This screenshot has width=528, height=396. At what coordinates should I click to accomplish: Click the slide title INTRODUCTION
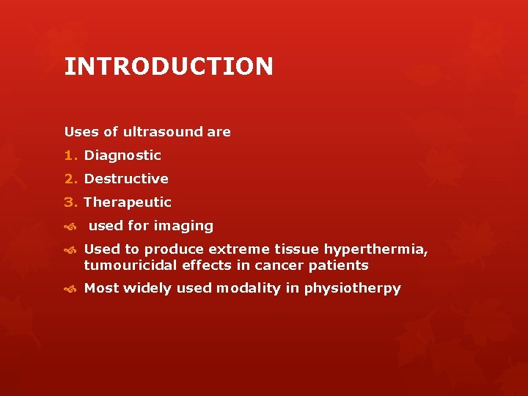point(169,67)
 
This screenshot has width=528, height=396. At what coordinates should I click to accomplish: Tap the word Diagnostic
point(122,155)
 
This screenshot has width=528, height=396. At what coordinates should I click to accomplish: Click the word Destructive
point(126,179)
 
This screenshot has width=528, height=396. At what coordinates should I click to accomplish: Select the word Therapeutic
point(128,202)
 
